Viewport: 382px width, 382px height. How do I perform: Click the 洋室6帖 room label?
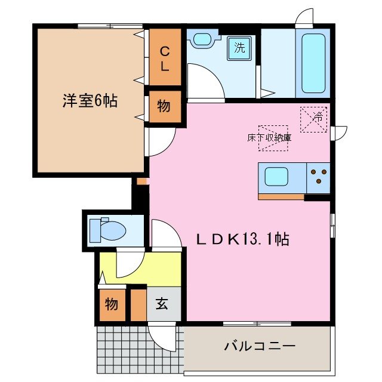point(90,101)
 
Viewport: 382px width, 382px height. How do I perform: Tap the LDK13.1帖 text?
point(244,239)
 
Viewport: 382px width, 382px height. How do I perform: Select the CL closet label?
point(164,58)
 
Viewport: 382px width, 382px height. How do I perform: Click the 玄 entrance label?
point(162,304)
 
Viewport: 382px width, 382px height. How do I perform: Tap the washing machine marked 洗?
point(239,48)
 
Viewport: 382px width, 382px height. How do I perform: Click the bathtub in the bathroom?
point(313,62)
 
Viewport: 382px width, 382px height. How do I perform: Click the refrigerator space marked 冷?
point(313,119)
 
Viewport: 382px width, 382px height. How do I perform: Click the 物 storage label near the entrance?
point(112,304)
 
